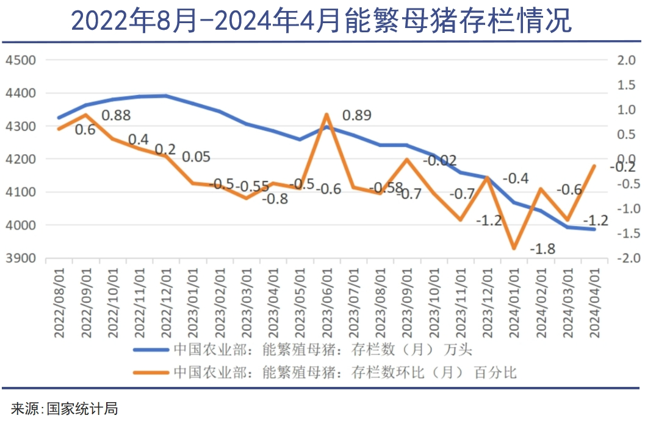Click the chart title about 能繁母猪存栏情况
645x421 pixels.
pyautogui.click(x=322, y=21)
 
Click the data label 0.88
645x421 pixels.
pyautogui.click(x=116, y=115)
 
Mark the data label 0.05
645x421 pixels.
pyautogui.click(x=196, y=157)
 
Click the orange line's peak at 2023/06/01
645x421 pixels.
pyautogui.click(x=326, y=114)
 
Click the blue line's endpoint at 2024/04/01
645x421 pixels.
pyautogui.click(x=594, y=229)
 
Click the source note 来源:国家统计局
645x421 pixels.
pyautogui.click(x=65, y=408)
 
